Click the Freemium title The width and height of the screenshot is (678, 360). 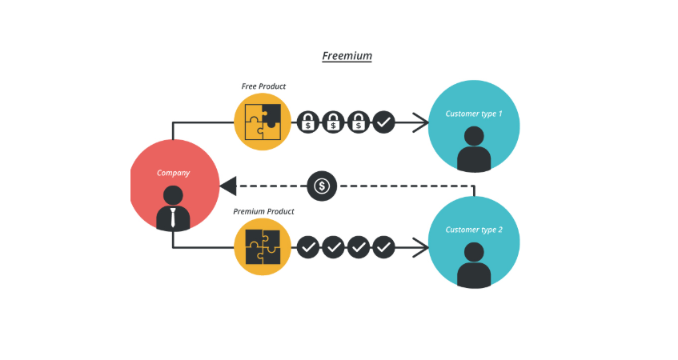(x=347, y=56)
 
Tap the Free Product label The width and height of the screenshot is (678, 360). (x=263, y=86)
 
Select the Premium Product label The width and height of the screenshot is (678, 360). (x=263, y=212)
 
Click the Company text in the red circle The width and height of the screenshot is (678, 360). (x=173, y=173)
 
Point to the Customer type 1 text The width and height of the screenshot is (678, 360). (x=474, y=114)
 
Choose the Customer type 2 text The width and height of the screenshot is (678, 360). (x=474, y=230)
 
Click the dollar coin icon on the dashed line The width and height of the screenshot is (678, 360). (x=322, y=186)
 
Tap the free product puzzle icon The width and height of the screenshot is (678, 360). (x=263, y=122)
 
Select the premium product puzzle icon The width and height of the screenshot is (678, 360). (x=263, y=247)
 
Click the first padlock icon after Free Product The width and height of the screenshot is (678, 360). (x=308, y=122)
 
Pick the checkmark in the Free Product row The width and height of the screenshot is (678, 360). (x=383, y=122)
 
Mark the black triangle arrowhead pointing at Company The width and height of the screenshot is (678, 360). (x=227, y=186)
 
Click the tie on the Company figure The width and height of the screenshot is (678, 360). (x=173, y=218)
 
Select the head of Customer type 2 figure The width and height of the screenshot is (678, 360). (x=474, y=251)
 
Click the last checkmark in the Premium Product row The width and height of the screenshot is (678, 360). (x=383, y=247)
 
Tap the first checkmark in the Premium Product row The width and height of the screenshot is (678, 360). (x=308, y=247)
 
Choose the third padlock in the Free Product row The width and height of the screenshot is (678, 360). (x=359, y=122)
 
